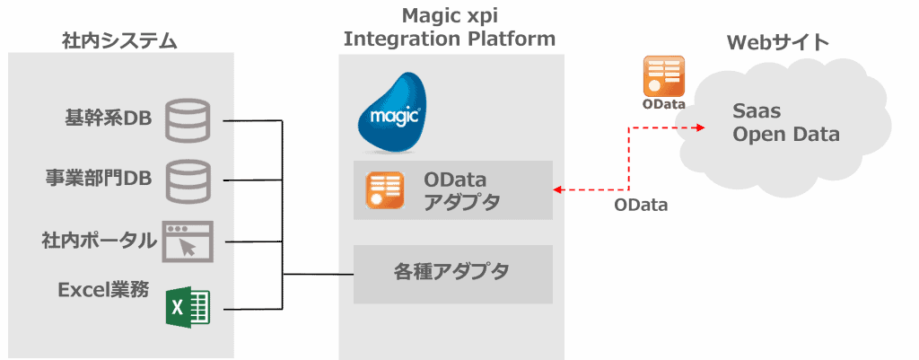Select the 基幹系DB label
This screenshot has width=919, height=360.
coord(108,119)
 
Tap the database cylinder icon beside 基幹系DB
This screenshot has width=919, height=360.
coord(188,120)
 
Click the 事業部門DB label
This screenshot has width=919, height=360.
coord(99,178)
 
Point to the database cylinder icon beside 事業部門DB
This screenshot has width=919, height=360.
coord(188,179)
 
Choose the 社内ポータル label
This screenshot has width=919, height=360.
coord(99,240)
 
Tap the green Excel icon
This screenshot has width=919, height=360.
coord(188,307)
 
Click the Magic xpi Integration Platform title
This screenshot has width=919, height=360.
coord(451,28)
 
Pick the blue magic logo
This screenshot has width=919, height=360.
coord(391,111)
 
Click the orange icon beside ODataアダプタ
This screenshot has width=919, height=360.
coord(386,190)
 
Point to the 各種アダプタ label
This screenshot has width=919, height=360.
coord(451,270)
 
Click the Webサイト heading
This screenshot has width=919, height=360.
coord(777,42)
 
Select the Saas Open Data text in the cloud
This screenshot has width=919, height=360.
coord(785,123)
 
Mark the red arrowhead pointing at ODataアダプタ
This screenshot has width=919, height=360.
coord(558,189)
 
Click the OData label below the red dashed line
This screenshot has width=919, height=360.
coord(641,206)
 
